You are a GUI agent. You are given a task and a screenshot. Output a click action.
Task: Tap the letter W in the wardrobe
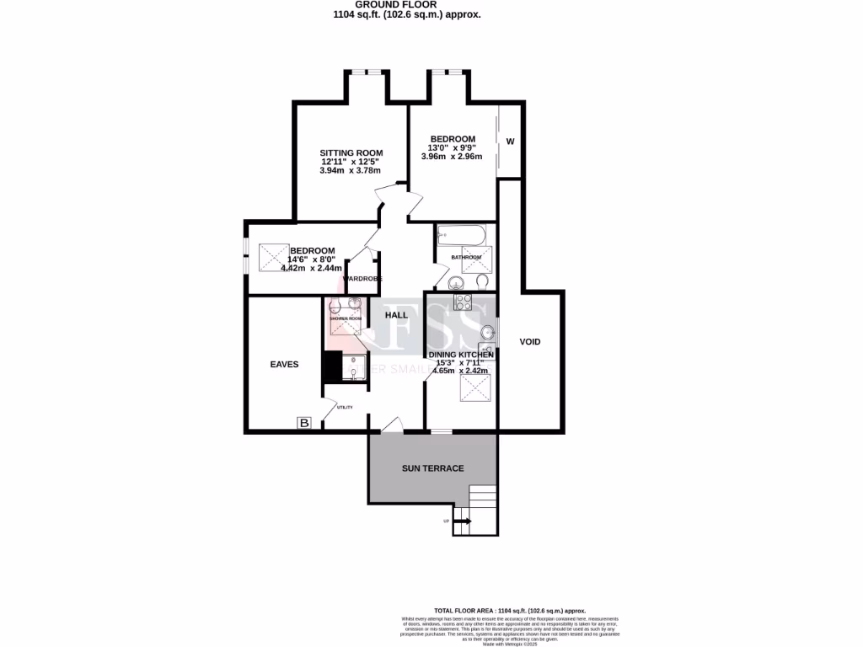510,142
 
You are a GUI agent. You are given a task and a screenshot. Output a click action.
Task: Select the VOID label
529,341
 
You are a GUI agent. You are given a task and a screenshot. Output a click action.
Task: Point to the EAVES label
284,365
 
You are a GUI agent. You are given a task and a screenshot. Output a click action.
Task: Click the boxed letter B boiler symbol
303,423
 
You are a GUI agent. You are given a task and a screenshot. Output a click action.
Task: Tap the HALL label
396,315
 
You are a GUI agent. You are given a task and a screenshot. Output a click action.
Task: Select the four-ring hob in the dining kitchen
462,302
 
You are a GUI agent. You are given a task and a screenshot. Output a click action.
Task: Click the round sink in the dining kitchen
486,331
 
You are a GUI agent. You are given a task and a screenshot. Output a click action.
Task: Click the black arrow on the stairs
463,522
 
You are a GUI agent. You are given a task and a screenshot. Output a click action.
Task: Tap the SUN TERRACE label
432,468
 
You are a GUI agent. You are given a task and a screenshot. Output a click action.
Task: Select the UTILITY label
344,408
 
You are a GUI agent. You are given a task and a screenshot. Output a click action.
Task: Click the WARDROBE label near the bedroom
362,278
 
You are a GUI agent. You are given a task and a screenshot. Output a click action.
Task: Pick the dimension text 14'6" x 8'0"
311,259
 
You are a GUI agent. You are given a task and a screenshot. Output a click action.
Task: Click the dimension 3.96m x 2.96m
452,157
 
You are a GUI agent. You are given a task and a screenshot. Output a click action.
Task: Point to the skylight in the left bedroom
273,254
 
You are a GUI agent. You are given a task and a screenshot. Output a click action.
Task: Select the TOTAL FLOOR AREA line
509,610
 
